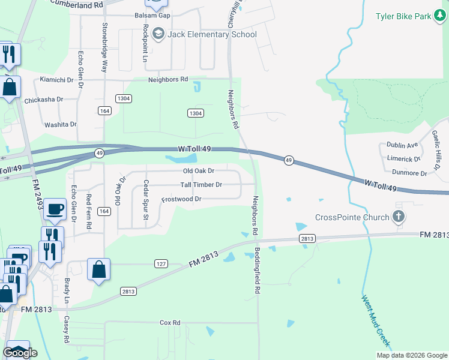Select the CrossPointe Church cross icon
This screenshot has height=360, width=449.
(399, 216)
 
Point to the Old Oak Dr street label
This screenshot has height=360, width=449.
(199, 171)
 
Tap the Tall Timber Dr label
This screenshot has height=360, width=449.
(201, 185)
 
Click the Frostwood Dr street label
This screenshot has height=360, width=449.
(181, 199)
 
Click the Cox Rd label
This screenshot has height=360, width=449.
(170, 323)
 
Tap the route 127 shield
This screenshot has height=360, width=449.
(160, 263)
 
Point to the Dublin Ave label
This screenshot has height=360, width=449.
(402, 145)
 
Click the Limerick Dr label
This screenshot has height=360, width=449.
(404, 159)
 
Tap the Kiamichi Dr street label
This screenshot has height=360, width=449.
(56, 79)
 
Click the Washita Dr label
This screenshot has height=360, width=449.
(61, 125)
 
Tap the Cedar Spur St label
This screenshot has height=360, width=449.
(145, 200)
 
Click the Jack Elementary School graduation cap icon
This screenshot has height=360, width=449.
(158, 34)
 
